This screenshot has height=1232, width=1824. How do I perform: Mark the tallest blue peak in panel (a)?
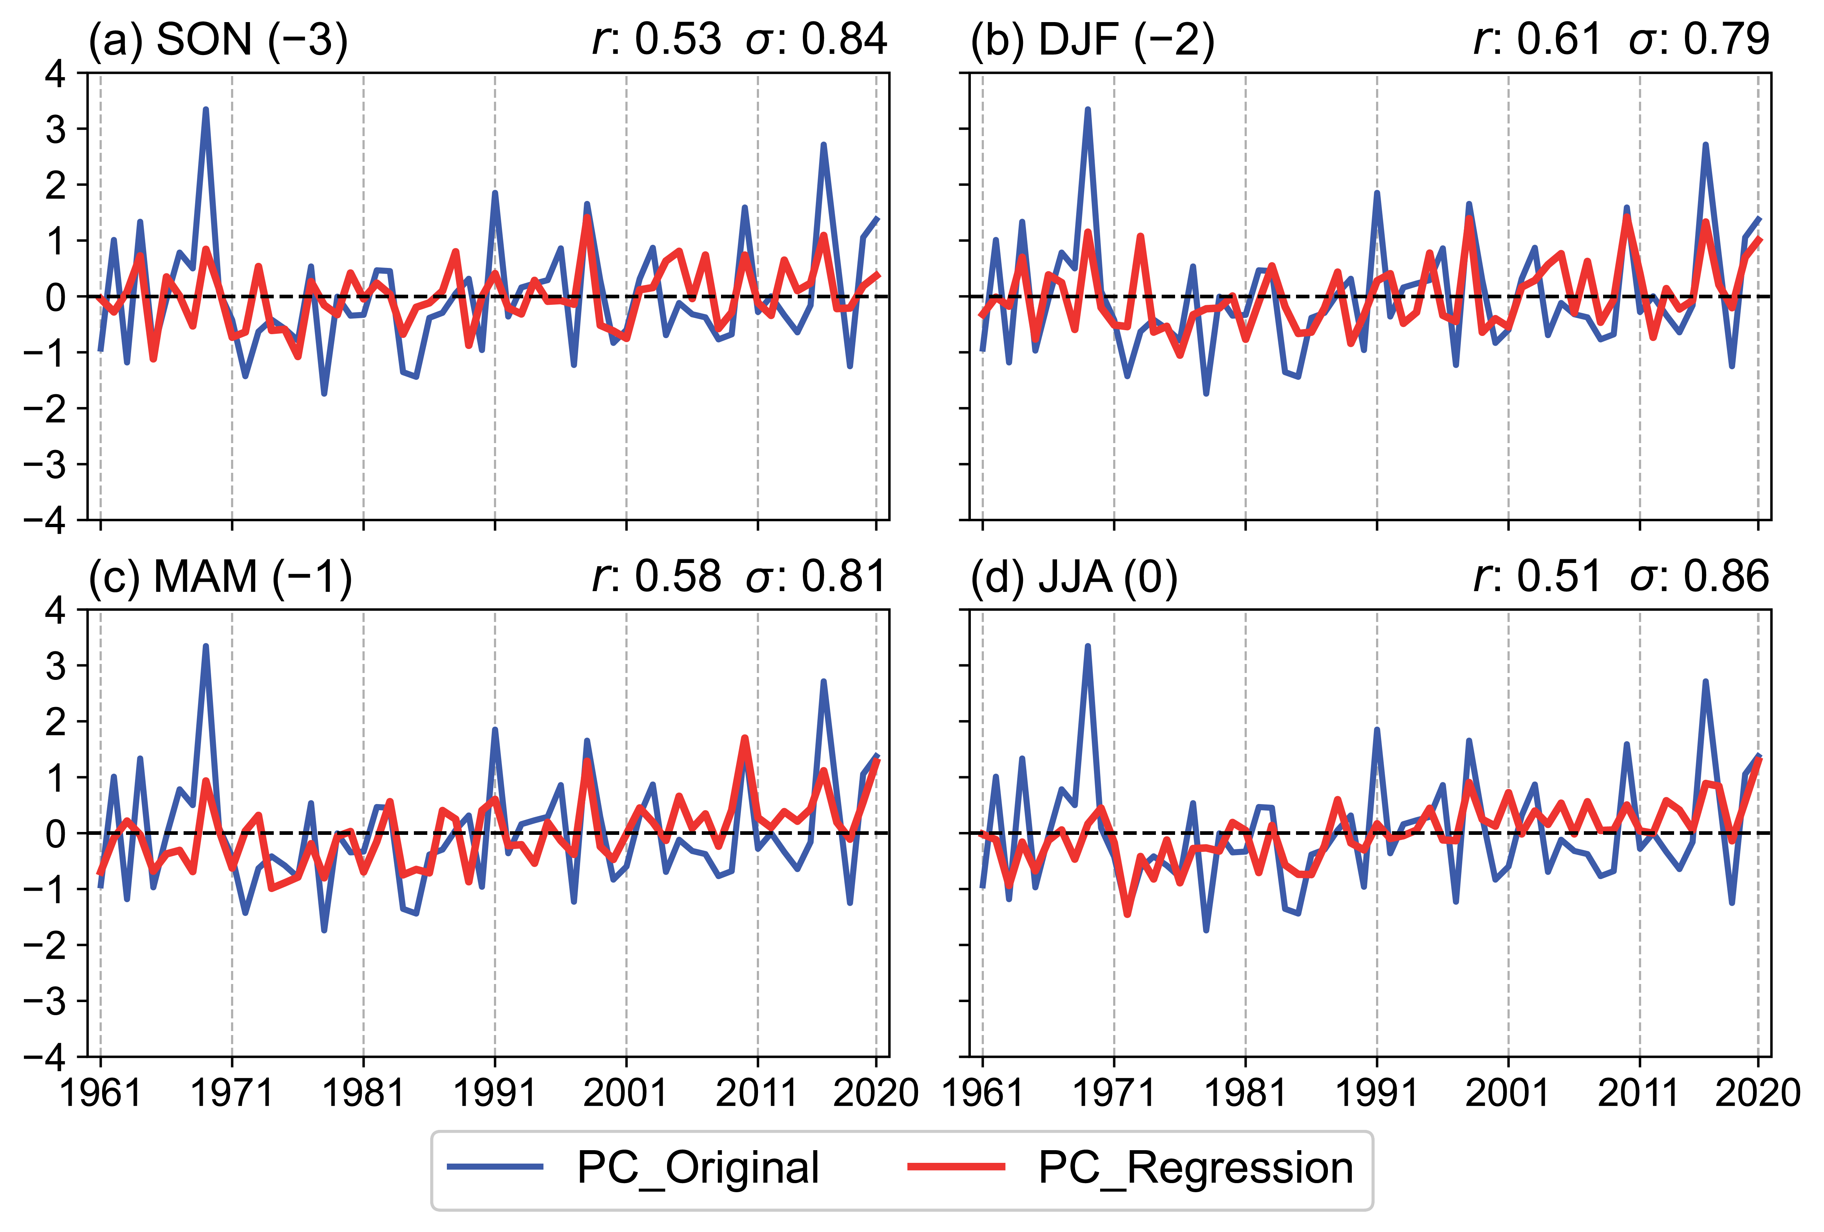[206, 110]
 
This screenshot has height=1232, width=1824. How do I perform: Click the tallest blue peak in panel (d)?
[1088, 647]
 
